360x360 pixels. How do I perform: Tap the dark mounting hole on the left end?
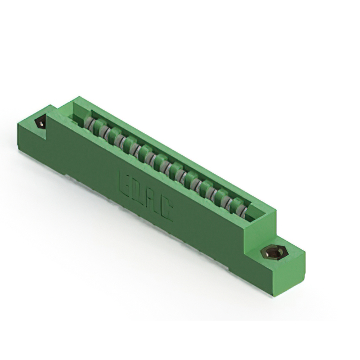click(x=40, y=123)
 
